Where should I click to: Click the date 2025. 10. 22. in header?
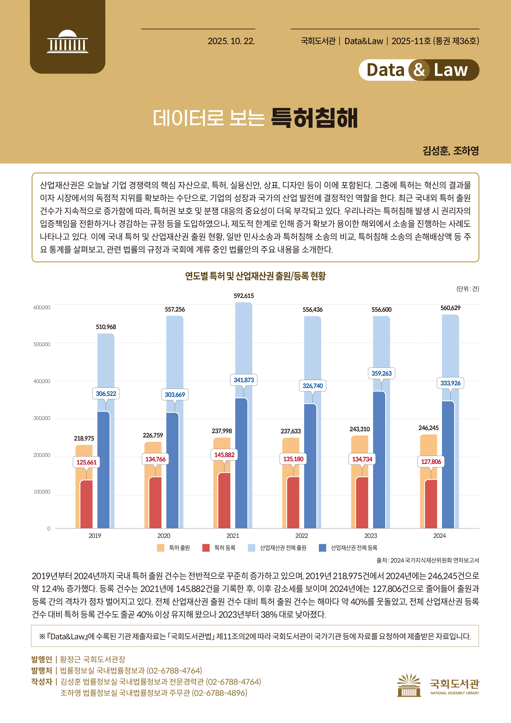(x=231, y=41)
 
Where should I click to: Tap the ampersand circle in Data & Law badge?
(x=419, y=70)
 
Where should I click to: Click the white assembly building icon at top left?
(x=68, y=42)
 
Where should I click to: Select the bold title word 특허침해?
(x=314, y=118)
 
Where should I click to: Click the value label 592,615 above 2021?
(x=244, y=296)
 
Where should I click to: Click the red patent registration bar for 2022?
(x=293, y=504)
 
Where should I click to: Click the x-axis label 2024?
(x=439, y=536)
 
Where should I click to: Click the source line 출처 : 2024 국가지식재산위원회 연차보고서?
(x=427, y=560)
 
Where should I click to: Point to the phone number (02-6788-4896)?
(x=219, y=693)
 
